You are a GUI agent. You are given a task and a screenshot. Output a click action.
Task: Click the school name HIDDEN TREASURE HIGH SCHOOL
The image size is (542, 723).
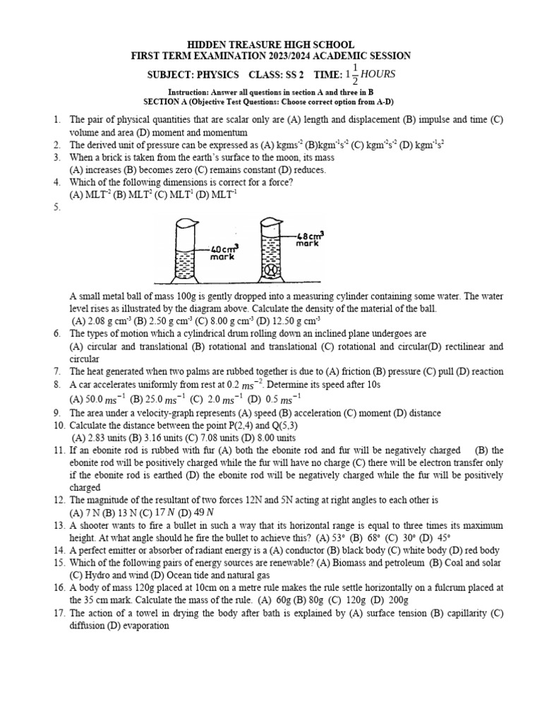(x=271, y=44)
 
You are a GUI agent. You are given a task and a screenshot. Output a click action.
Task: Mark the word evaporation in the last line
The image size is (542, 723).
(x=147, y=626)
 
